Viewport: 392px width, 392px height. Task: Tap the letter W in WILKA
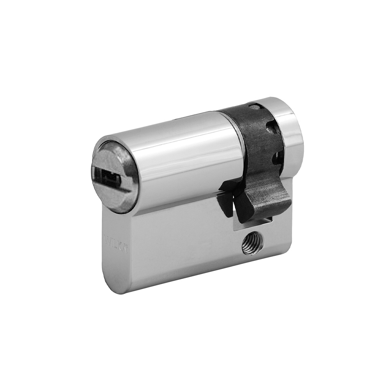click(106, 238)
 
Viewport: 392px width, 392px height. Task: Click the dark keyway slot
click(108, 178)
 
